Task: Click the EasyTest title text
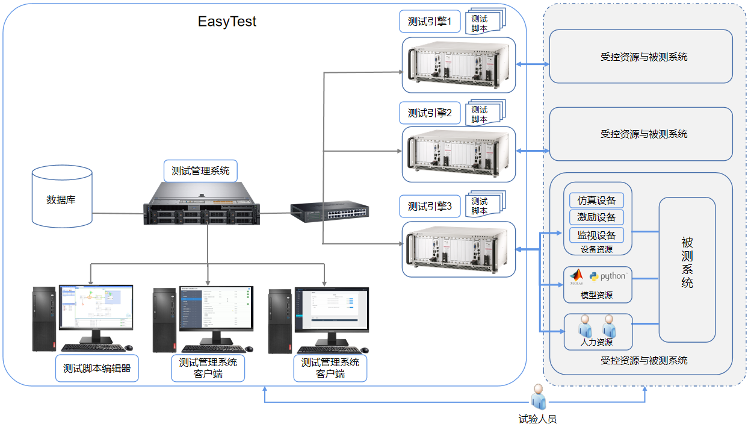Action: pos(227,22)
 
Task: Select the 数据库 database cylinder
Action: pos(62,198)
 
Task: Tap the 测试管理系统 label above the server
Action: pos(200,170)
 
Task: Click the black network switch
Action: pos(329,211)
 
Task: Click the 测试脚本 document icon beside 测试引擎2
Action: pos(485,113)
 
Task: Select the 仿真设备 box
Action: pos(596,200)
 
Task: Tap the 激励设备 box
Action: pos(596,217)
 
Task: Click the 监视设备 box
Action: pos(596,235)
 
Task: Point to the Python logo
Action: pos(608,276)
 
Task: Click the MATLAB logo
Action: pos(576,277)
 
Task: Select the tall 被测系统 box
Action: pos(687,270)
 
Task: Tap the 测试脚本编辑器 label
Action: pos(97,368)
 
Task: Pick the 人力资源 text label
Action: pos(596,342)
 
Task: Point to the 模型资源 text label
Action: pos(596,295)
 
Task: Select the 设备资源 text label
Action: pos(596,249)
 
